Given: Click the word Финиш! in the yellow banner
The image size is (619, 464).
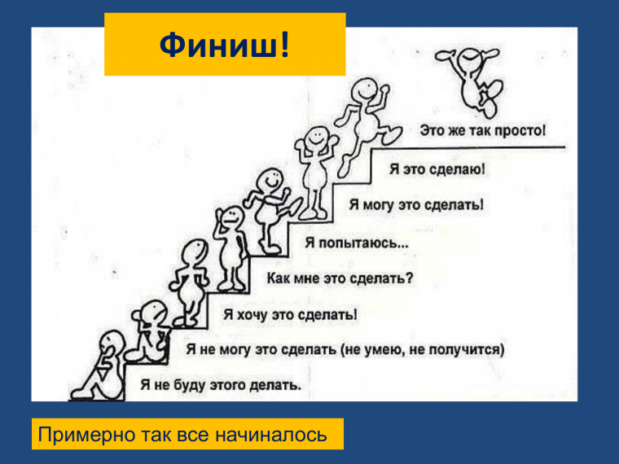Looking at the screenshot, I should point(224,45).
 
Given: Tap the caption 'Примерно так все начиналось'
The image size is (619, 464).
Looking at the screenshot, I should point(182,436).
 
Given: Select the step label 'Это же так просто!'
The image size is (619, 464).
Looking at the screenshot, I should point(484,130).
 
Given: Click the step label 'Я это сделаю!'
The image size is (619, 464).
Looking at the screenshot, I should point(438,169).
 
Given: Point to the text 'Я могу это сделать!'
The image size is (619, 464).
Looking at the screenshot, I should point(416,204).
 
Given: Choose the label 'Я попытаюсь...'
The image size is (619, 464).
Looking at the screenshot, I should point(358,242).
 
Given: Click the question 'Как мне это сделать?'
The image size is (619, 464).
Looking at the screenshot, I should point(340,278).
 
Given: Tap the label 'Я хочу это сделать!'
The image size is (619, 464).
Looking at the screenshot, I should point(291,314).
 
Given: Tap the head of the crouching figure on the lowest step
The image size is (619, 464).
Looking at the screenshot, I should point(111,340).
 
